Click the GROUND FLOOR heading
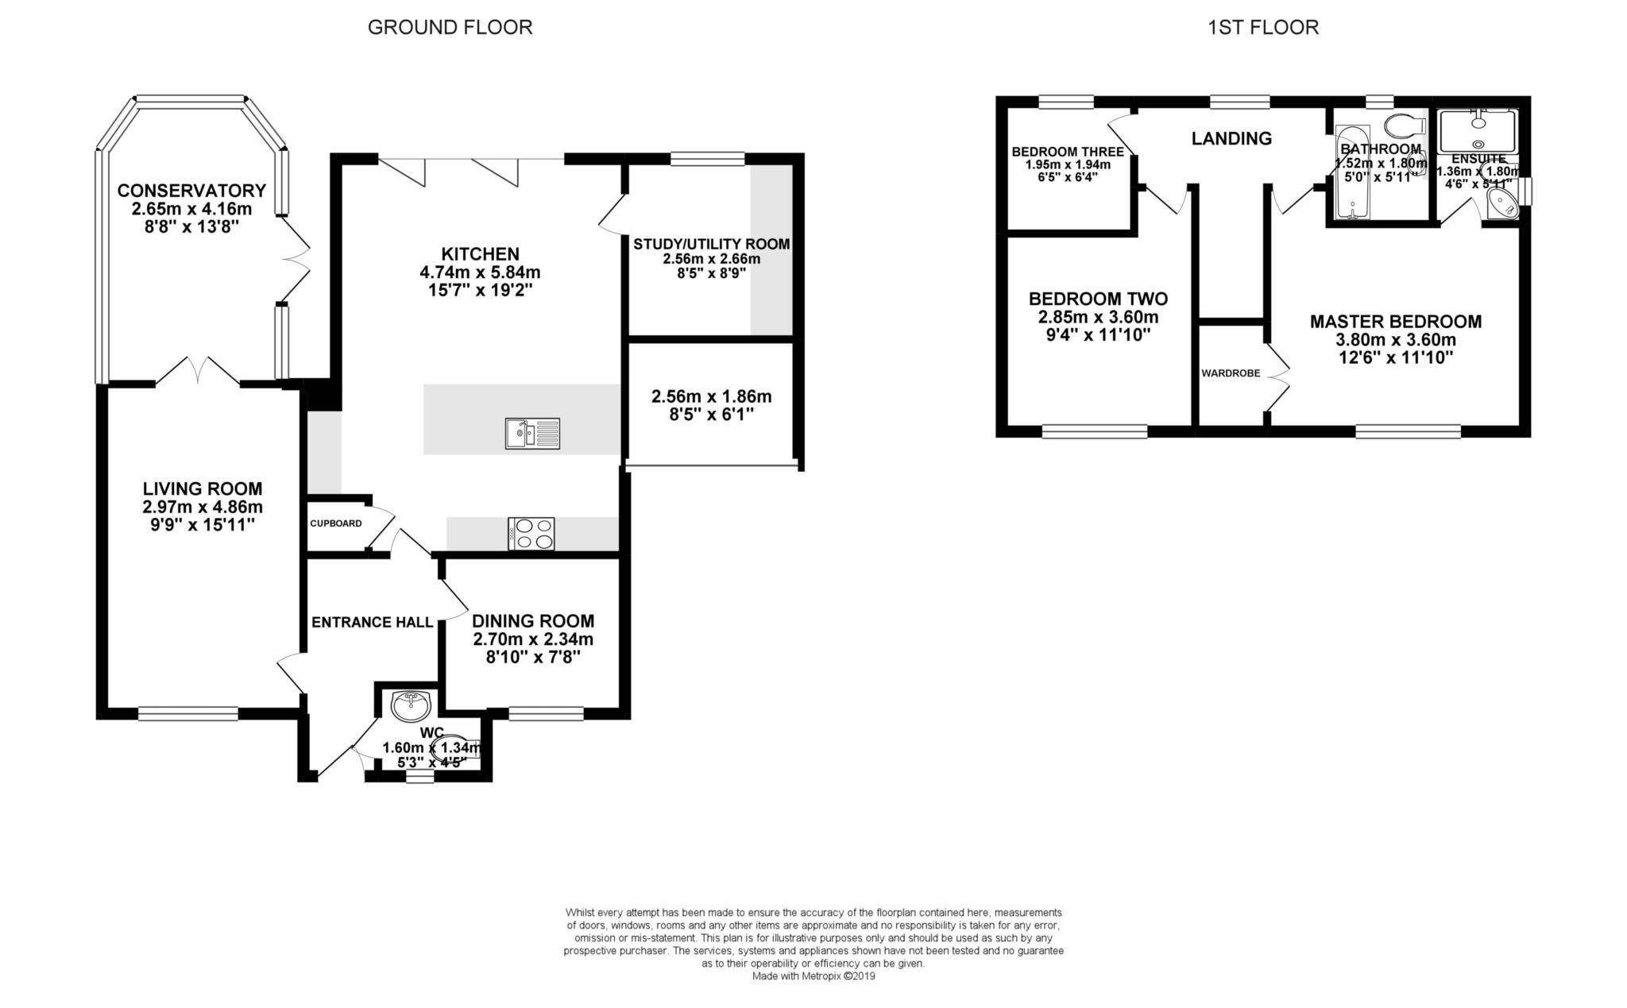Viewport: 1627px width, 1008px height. click(450, 28)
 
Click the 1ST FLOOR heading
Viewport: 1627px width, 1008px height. click(1263, 28)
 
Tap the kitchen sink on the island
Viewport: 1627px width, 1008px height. click(532, 433)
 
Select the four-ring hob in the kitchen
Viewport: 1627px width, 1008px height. click(531, 533)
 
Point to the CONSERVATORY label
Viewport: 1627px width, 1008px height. click(191, 191)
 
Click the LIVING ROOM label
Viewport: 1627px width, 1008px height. click(203, 489)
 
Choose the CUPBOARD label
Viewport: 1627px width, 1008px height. click(336, 523)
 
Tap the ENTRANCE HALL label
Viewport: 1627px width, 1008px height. click(372, 622)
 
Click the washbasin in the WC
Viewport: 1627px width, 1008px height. click(412, 704)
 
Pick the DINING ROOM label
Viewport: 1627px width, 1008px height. click(533, 621)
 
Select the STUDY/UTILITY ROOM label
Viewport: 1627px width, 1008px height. click(711, 244)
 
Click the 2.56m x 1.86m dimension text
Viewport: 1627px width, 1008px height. click(711, 396)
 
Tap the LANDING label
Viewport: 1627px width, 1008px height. click(1231, 139)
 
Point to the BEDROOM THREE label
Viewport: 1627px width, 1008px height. click(1068, 152)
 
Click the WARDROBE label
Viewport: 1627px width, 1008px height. click(1231, 373)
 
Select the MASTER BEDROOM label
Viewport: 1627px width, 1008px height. click(1396, 322)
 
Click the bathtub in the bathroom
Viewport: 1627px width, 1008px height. click(1349, 172)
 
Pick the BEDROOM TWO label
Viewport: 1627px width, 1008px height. click(1098, 299)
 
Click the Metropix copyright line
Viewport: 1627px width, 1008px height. click(813, 976)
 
